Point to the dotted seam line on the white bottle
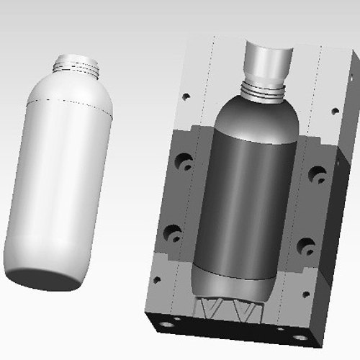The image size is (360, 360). [72, 102]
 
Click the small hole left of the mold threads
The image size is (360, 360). [186, 95]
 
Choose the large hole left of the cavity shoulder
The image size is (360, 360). [184, 161]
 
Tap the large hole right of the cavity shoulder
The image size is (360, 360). [317, 173]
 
